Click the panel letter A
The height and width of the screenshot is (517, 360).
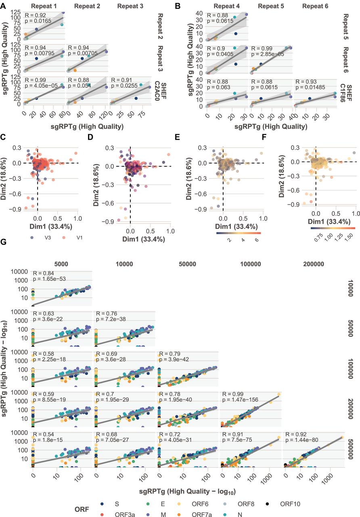[3, 6]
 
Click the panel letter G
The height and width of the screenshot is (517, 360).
[4, 242]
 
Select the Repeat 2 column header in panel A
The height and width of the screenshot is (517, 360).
[87, 6]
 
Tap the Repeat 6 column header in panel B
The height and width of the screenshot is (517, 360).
[315, 6]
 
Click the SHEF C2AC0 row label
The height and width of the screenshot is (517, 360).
[160, 91]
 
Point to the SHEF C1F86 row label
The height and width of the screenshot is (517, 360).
[346, 93]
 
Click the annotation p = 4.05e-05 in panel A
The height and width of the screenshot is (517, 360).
[41, 86]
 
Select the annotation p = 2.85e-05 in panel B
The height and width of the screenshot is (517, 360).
[268, 54]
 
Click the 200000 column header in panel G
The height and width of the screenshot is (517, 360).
[314, 264]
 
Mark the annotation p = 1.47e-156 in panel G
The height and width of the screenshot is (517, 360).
[240, 399]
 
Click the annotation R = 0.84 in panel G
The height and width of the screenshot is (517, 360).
[44, 273]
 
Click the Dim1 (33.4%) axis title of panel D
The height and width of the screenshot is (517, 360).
[143, 239]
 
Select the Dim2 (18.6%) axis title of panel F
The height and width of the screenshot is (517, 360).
[281, 176]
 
